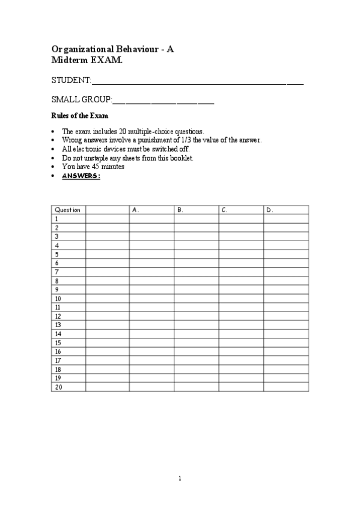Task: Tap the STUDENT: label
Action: [x=71, y=81]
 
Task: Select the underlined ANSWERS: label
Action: [x=81, y=176]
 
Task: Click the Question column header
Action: [x=68, y=210]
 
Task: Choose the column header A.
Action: [x=135, y=210]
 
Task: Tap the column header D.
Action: [x=270, y=210]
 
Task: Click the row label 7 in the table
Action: [x=57, y=272]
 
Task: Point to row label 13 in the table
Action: [x=58, y=325]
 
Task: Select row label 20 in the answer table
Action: [x=58, y=387]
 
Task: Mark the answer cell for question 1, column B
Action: [x=196, y=219]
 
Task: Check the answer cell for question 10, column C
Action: [x=241, y=298]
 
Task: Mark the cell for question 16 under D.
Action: [x=286, y=351]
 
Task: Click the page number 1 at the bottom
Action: [x=179, y=479]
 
